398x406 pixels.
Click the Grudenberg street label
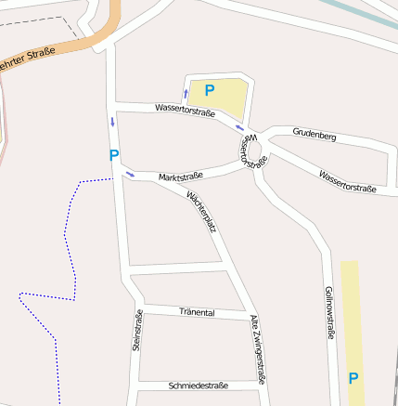coord(314,136)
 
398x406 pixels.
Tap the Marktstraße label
coord(180,176)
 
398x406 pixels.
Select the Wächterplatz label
coord(201,211)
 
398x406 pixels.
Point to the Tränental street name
coord(197,313)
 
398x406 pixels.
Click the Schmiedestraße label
coord(199,385)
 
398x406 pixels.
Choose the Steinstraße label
coord(136,330)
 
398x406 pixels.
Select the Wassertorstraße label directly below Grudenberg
coord(347,181)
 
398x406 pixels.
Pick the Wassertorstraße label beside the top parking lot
coord(185,111)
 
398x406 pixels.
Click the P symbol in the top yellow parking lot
coord(210,90)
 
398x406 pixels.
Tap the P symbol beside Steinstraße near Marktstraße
coord(114,155)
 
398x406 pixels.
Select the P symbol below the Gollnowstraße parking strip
coord(353,378)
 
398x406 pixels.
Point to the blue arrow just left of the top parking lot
coord(186,94)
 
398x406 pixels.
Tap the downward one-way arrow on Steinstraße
coord(113,122)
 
